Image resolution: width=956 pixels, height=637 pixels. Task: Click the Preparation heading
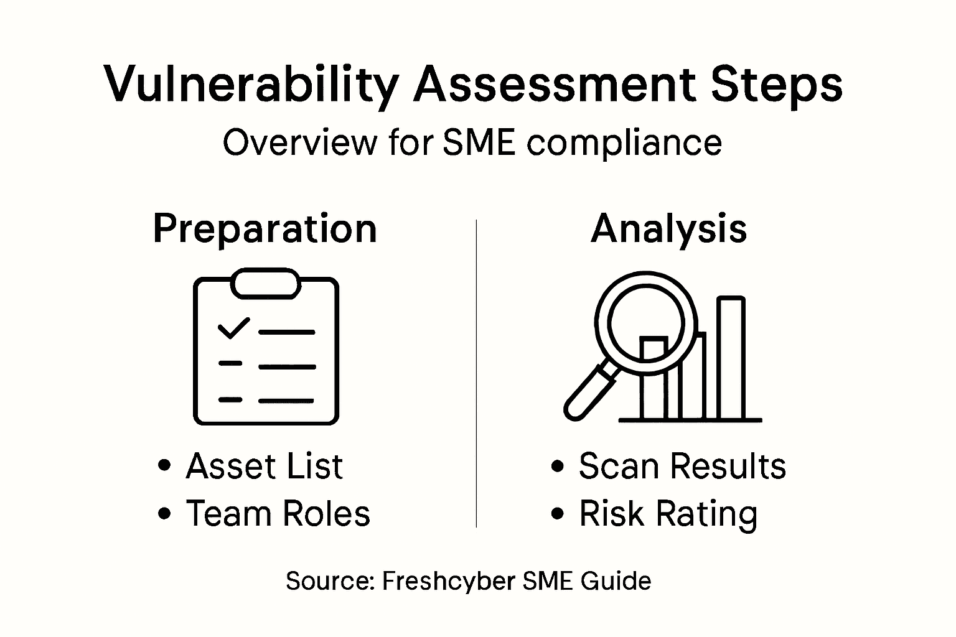(265, 229)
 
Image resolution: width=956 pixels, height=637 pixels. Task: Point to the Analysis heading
(668, 229)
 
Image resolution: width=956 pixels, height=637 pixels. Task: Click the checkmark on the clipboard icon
(233, 328)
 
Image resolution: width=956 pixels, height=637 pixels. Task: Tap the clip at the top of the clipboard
(266, 283)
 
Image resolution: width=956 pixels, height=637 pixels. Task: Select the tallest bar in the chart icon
(731, 358)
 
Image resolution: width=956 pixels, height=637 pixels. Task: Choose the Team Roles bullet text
(278, 514)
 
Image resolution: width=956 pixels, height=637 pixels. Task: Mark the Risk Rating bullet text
(668, 514)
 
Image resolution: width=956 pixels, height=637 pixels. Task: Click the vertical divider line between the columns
(476, 373)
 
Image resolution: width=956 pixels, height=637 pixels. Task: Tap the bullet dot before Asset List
(165, 466)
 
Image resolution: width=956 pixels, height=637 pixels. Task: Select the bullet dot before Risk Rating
(558, 514)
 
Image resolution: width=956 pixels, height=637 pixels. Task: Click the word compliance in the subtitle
(624, 143)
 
